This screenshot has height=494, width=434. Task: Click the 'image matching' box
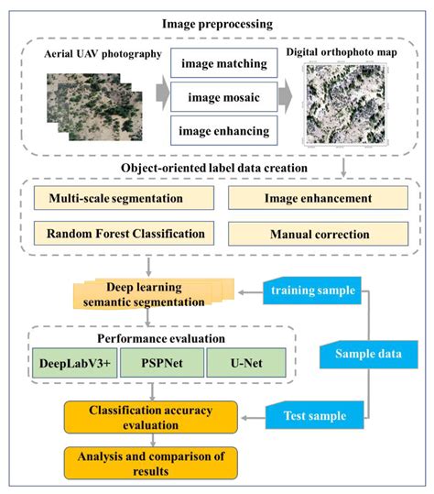tap(223, 65)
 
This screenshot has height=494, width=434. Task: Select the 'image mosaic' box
tap(223, 98)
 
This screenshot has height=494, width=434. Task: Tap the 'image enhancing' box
tap(223, 131)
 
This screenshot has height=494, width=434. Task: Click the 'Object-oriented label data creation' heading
tap(218, 167)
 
